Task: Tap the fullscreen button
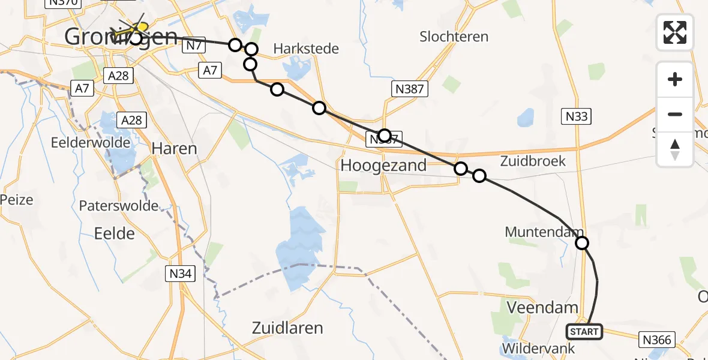tap(675, 32)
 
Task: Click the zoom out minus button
tap(675, 114)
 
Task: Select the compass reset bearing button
tap(675, 149)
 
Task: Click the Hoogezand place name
tap(383, 165)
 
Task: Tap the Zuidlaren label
tap(288, 328)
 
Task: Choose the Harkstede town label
tap(306, 49)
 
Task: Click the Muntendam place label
tap(544, 232)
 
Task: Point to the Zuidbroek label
tap(533, 161)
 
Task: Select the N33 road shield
tap(576, 116)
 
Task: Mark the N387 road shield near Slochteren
tap(410, 90)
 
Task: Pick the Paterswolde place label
tap(119, 206)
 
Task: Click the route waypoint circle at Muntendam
tap(581, 243)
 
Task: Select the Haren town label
tap(174, 148)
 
